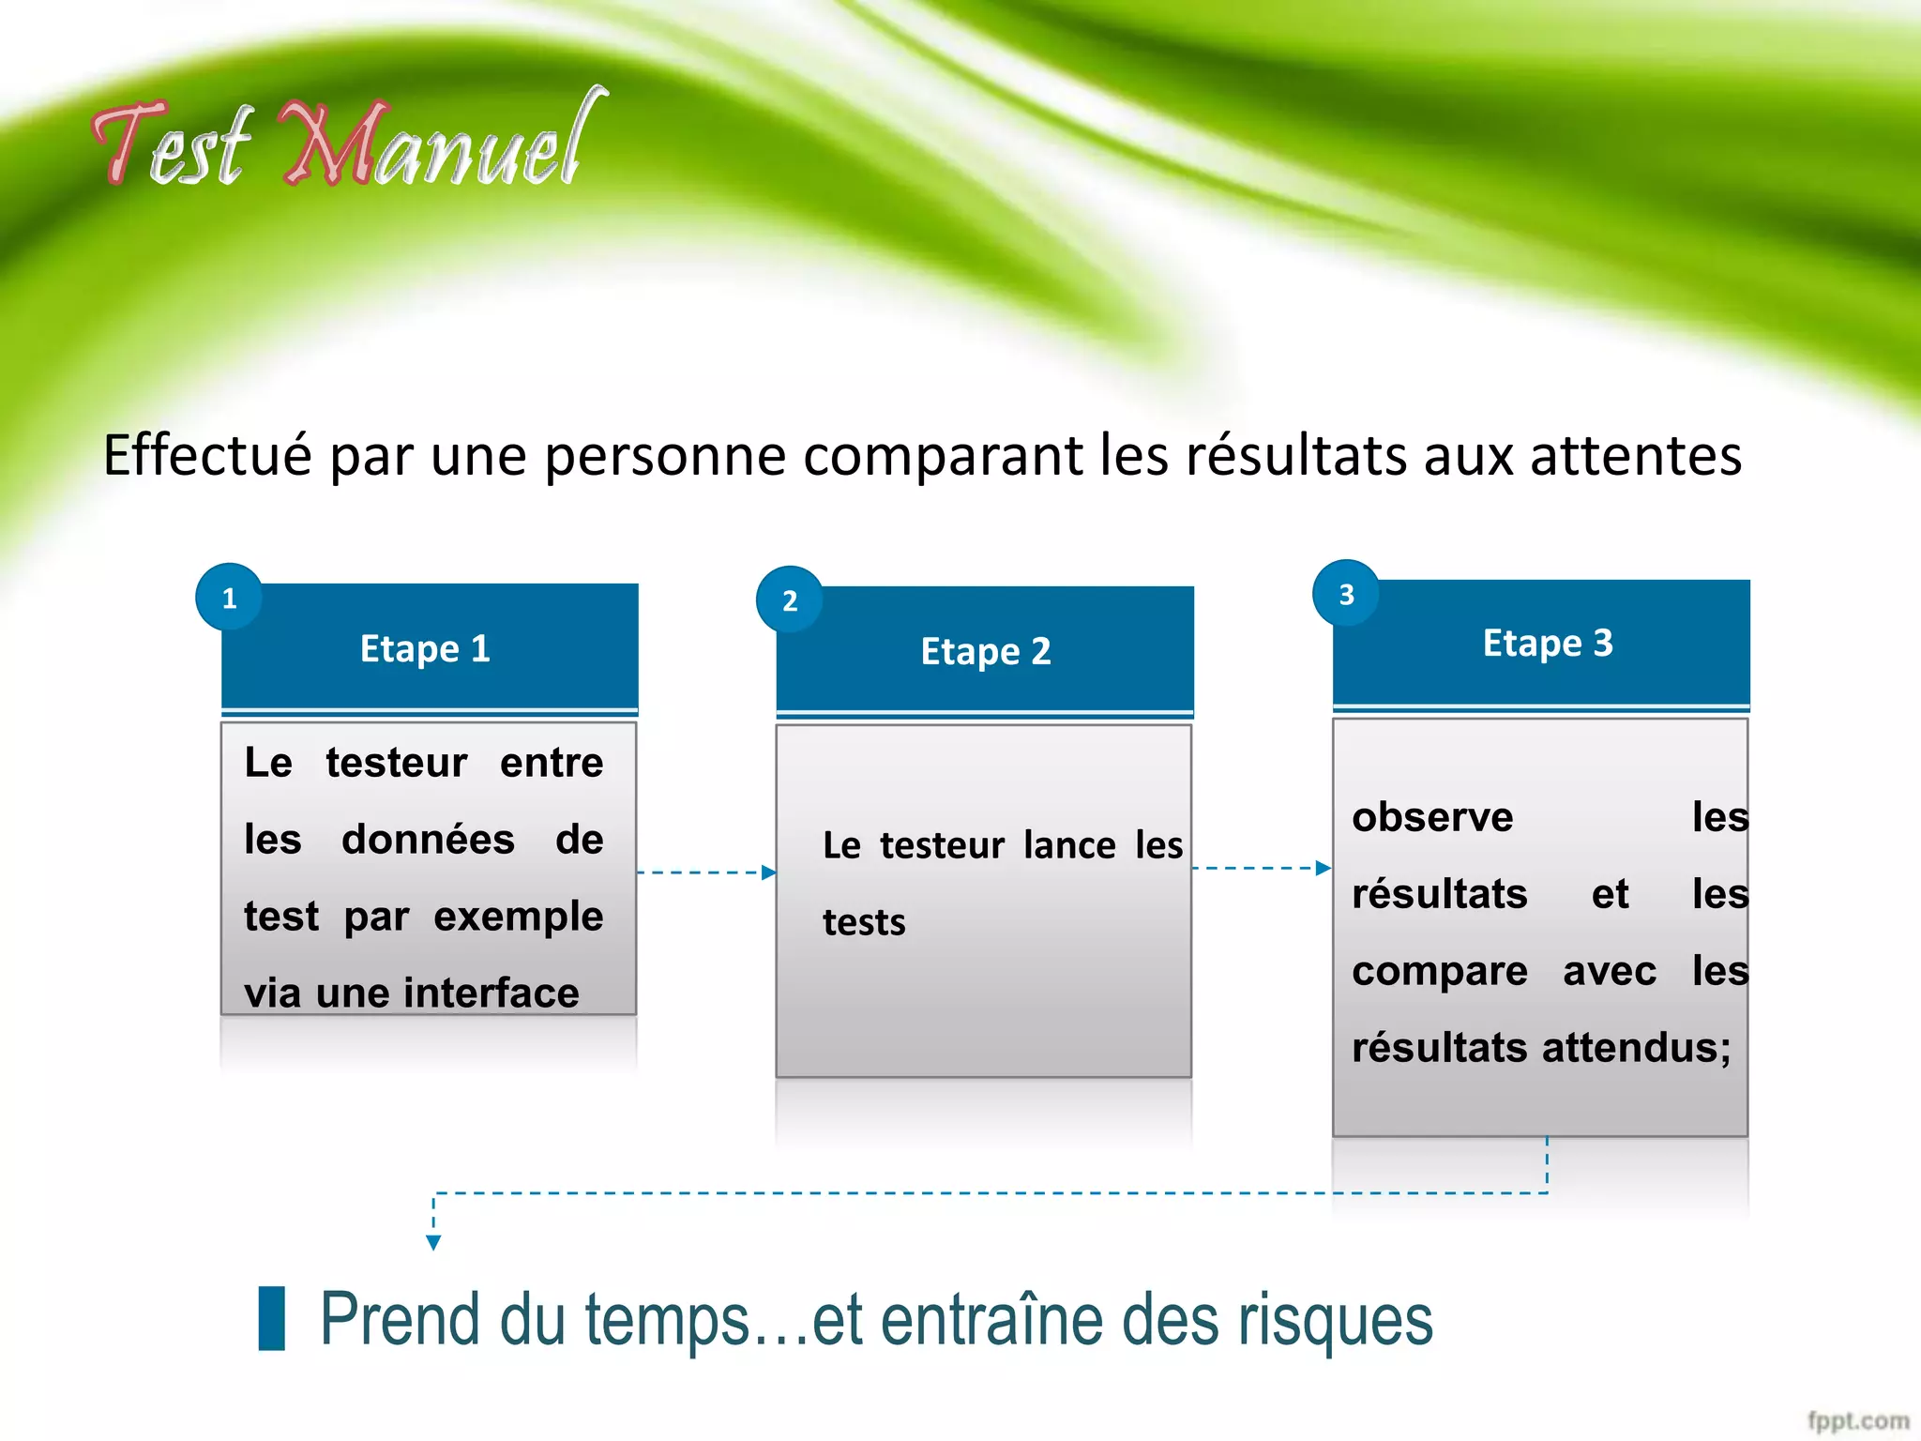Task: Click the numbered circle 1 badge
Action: pyautogui.click(x=229, y=598)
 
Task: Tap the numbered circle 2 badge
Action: pyautogui.click(x=790, y=600)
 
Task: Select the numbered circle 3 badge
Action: pyautogui.click(x=1346, y=594)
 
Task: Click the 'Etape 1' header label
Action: pyautogui.click(x=425, y=648)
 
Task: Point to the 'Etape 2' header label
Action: pyautogui.click(x=986, y=651)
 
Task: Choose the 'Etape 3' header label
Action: pyautogui.click(x=1548, y=644)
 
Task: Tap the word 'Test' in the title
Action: pyautogui.click(x=174, y=145)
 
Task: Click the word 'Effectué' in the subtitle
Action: pyautogui.click(x=206, y=456)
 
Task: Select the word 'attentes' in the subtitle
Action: pyautogui.click(x=1636, y=456)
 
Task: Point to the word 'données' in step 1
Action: pyautogui.click(x=428, y=840)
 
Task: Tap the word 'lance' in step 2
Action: pyautogui.click(x=1069, y=845)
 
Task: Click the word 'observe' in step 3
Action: pyautogui.click(x=1432, y=817)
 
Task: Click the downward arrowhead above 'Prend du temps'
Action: pyautogui.click(x=433, y=1242)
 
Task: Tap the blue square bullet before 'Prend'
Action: pyautogui.click(x=272, y=1318)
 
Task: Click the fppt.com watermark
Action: pyautogui.click(x=1858, y=1420)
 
